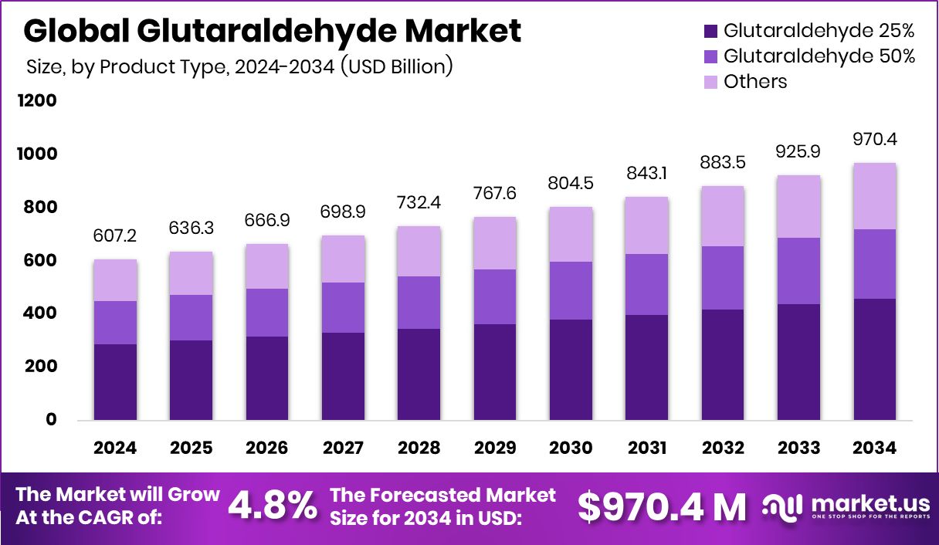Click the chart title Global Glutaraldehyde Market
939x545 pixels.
click(273, 31)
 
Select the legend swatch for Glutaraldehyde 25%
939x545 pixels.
click(710, 32)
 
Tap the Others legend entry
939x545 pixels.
click(755, 82)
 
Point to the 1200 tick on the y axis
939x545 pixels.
click(39, 101)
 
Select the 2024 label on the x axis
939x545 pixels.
click(115, 449)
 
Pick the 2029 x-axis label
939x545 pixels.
click(495, 449)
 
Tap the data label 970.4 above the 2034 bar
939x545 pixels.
click(875, 140)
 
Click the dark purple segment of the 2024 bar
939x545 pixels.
click(115, 382)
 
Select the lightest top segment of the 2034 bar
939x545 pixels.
click(875, 196)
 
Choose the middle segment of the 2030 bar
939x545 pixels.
click(571, 290)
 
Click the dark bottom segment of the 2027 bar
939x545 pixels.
click(343, 376)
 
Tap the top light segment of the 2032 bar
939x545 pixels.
click(723, 216)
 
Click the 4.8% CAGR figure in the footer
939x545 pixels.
click(273, 506)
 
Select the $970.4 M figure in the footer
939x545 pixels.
click(663, 506)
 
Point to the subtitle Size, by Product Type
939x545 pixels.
click(239, 66)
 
